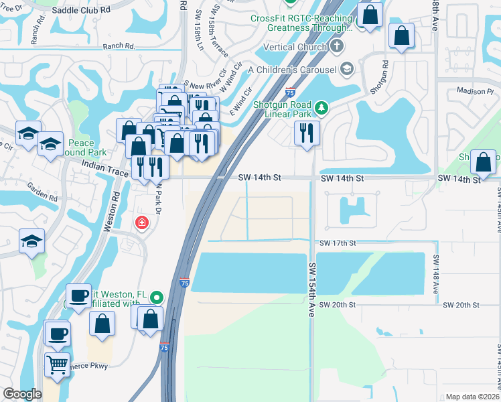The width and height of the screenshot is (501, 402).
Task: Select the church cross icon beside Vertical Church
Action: click(x=337, y=47)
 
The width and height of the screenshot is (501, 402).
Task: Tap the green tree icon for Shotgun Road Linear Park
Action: click(x=323, y=108)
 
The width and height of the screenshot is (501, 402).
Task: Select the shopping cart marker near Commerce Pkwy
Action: click(x=57, y=364)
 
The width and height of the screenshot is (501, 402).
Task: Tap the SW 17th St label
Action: click(x=337, y=243)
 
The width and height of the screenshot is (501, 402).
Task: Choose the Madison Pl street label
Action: click(x=474, y=91)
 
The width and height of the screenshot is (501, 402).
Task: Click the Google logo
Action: click(x=22, y=394)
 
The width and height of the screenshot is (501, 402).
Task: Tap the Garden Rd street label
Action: click(x=43, y=193)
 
